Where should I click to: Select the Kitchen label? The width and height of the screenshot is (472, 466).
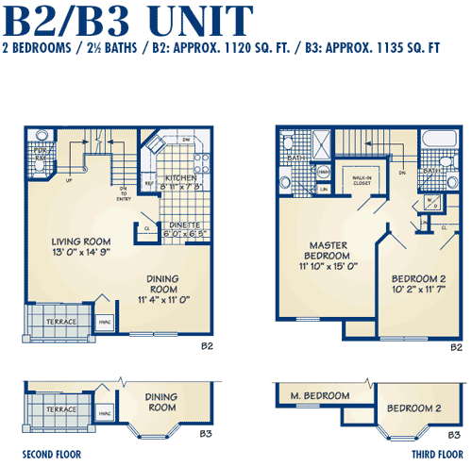coord(180,177)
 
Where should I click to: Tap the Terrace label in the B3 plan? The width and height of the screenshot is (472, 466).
coord(60,411)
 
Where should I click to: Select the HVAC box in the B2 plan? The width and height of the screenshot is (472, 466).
coord(104,321)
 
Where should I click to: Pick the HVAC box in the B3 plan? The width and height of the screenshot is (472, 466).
coord(105,412)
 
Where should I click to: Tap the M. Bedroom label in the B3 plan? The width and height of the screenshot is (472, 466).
coord(319,396)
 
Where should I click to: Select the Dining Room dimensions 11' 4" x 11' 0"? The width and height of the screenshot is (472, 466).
coord(164,299)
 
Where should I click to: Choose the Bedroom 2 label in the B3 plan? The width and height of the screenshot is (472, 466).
coord(413,408)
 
